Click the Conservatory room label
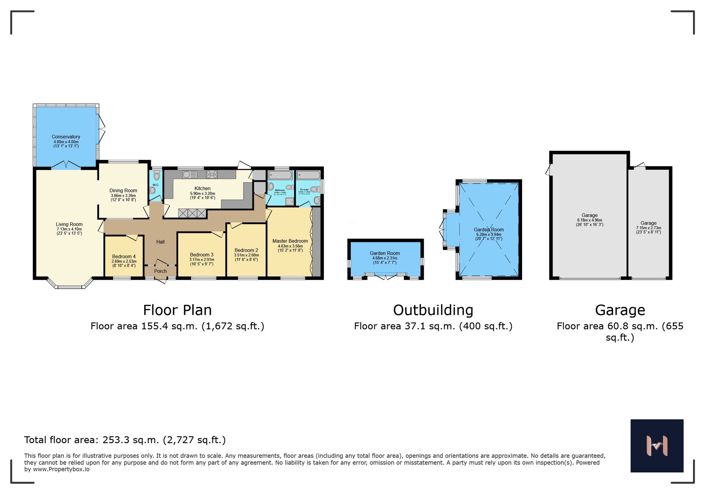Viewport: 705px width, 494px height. (x=66, y=137)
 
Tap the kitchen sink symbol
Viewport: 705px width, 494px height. (x=190, y=174)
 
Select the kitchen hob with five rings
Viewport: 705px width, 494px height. (x=212, y=174)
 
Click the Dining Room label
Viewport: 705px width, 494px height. (x=123, y=191)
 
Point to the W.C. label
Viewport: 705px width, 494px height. (x=156, y=185)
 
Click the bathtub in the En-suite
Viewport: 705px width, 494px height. (x=308, y=175)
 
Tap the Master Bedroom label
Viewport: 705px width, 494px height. (x=290, y=241)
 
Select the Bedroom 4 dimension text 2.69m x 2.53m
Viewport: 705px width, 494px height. (x=124, y=261)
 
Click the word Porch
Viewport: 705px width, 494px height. (x=160, y=271)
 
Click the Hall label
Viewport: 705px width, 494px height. (x=160, y=242)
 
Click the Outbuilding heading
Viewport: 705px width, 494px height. (x=433, y=310)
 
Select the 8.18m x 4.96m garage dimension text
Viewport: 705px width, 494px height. (x=589, y=220)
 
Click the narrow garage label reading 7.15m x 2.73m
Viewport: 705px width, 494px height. (x=648, y=228)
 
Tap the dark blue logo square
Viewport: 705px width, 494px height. (x=657, y=446)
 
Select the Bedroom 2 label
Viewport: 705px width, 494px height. (x=246, y=250)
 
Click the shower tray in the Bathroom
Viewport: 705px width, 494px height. (x=289, y=201)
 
